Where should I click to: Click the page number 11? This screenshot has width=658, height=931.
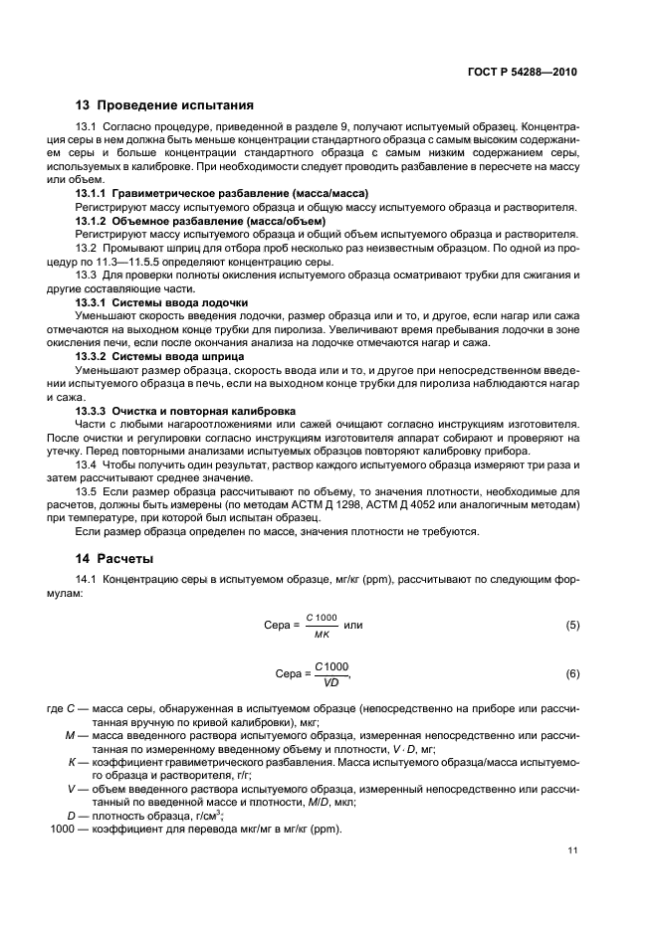pyautogui.click(x=572, y=850)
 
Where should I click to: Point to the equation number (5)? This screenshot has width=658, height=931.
pyautogui.click(x=572, y=626)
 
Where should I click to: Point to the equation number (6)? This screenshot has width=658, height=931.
pyautogui.click(x=572, y=674)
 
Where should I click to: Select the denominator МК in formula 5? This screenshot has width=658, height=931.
pyautogui.click(x=322, y=634)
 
